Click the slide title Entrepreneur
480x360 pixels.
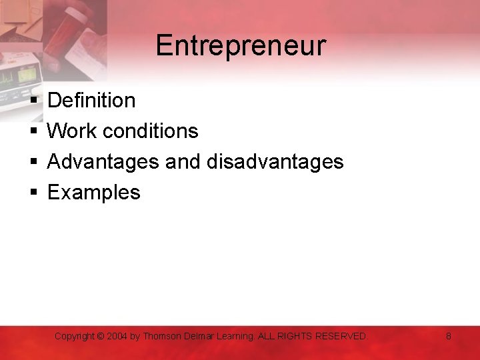click(x=241, y=45)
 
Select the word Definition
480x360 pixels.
click(x=91, y=101)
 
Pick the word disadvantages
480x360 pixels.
click(x=275, y=162)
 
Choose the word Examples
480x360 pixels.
click(x=94, y=193)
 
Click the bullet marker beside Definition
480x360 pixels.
click(x=33, y=101)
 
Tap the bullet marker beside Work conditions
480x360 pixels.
click(x=33, y=132)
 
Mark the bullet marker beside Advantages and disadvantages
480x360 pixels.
click(x=33, y=163)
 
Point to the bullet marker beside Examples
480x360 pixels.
click(x=33, y=193)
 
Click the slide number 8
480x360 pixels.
click(x=449, y=337)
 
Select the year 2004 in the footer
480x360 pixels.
click(x=117, y=337)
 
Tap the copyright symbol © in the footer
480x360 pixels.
click(x=101, y=337)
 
